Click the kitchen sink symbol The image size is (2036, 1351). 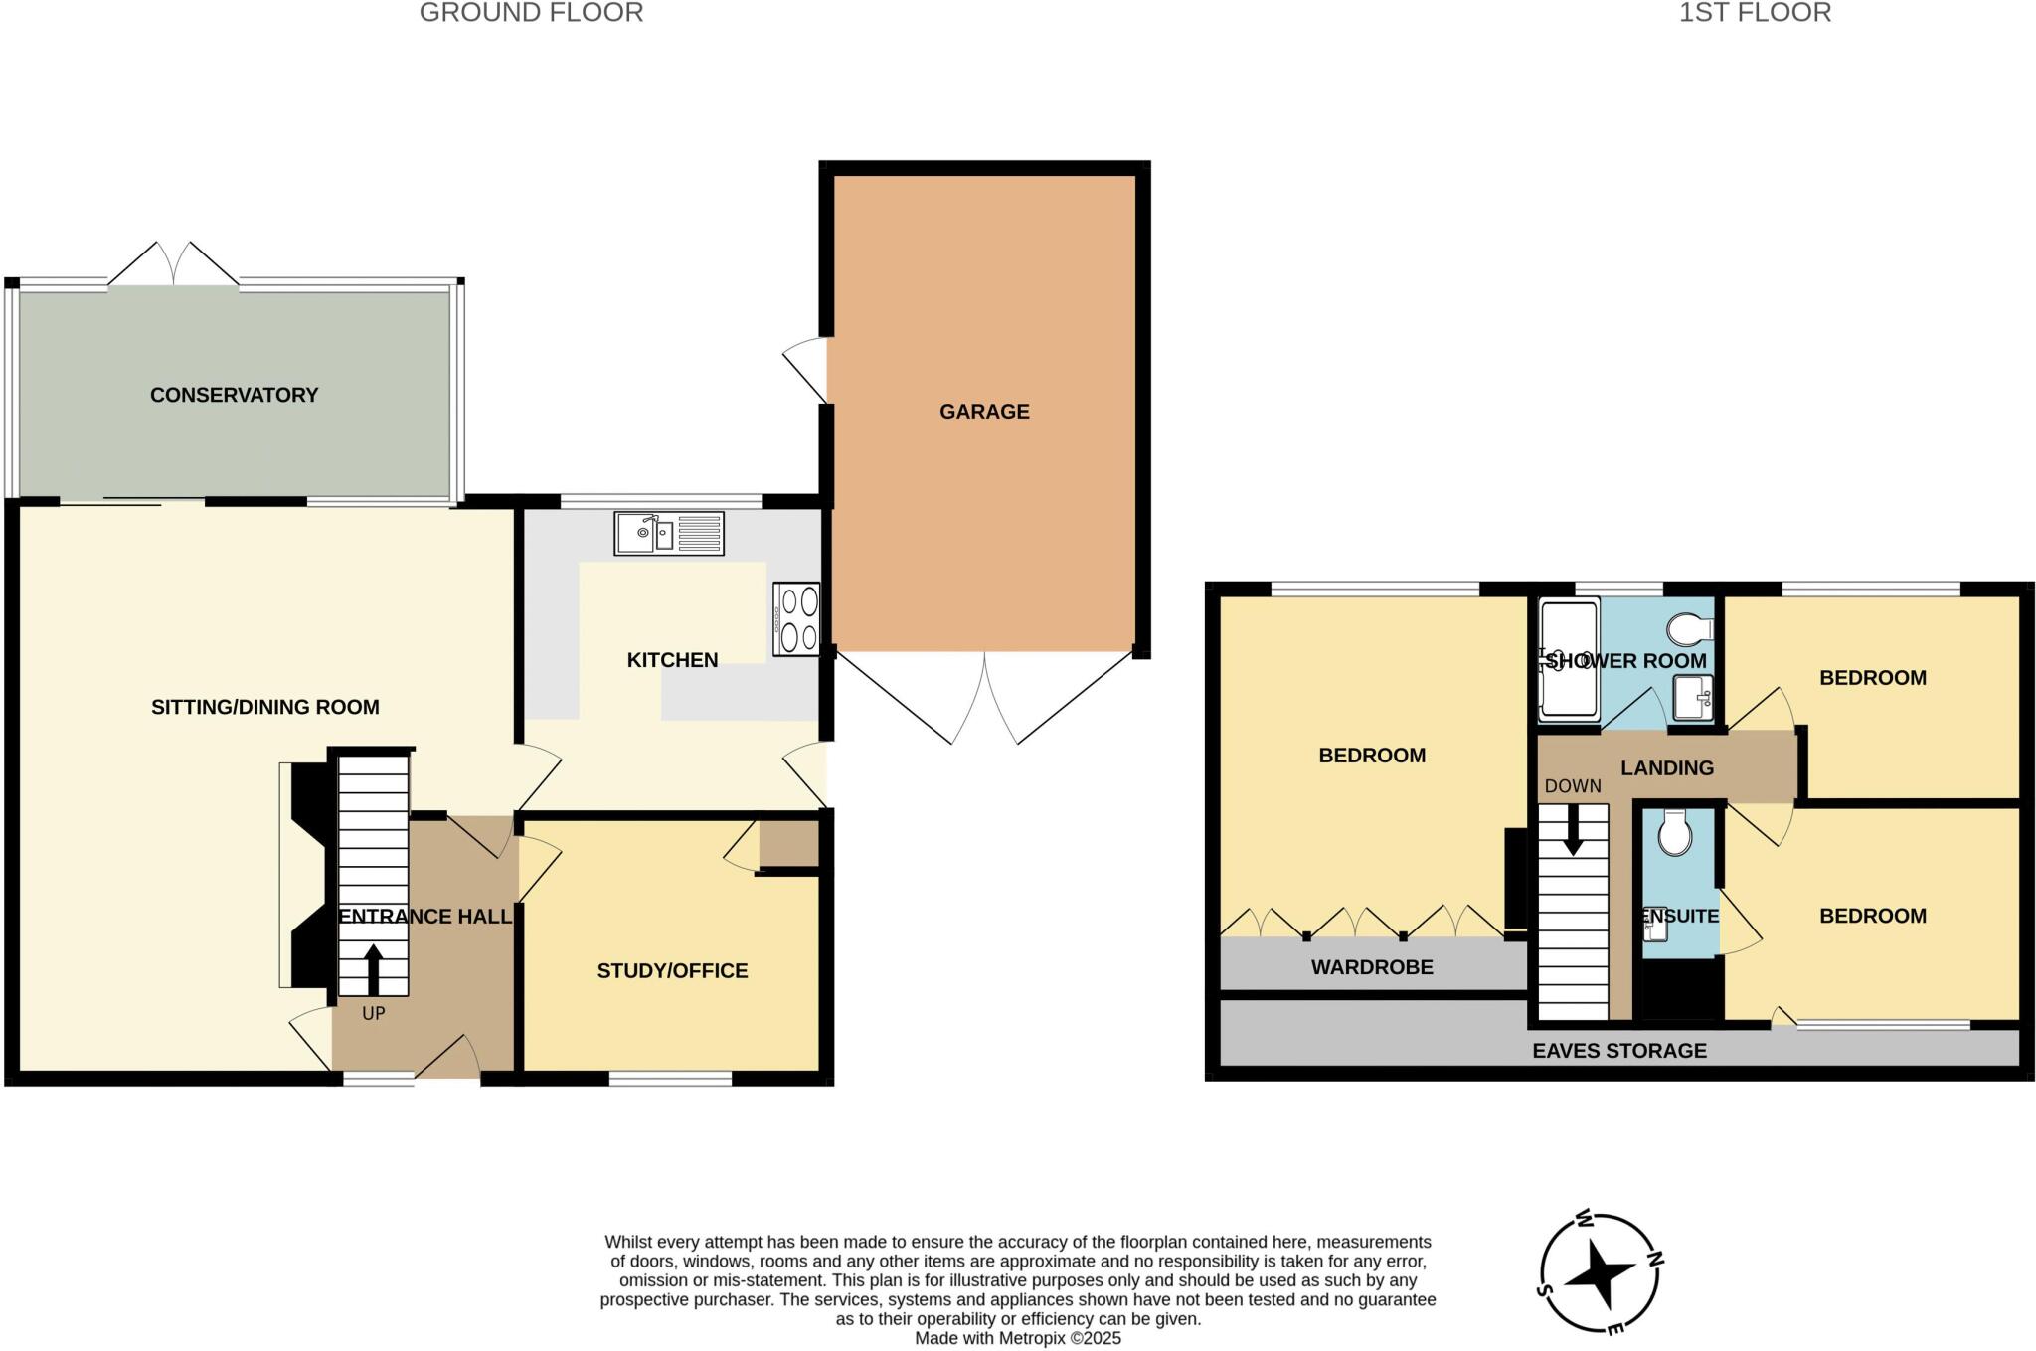point(668,534)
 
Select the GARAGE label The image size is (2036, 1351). point(984,411)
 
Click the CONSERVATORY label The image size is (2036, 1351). point(234,395)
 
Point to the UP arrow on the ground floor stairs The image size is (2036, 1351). point(373,969)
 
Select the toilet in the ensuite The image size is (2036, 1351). point(1675,833)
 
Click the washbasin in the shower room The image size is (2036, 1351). point(1692,697)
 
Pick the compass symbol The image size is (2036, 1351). point(1601,1271)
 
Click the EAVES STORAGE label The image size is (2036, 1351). point(1619,1050)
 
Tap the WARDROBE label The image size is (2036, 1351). point(1372,966)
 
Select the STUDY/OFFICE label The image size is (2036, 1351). point(672,970)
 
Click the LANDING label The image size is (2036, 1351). point(1667,767)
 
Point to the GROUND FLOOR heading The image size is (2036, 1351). point(531,13)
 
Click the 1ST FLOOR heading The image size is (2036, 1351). point(1755,13)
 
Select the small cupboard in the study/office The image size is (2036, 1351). point(788,843)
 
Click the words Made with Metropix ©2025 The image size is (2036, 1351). point(1017,1338)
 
